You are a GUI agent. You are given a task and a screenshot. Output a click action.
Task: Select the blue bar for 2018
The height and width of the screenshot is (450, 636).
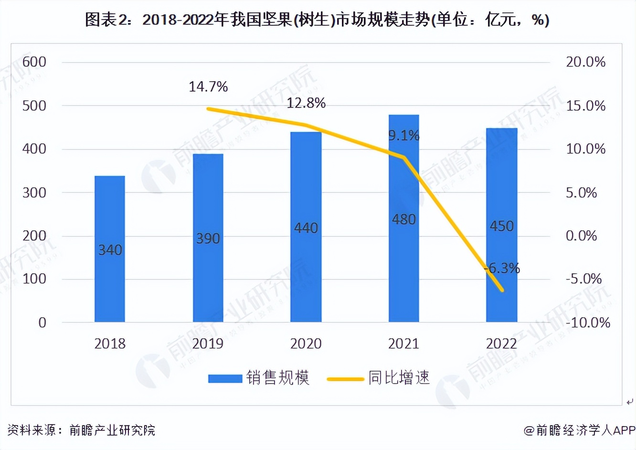pos(110,248)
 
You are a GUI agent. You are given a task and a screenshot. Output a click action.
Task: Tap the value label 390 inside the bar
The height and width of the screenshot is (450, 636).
pos(208,238)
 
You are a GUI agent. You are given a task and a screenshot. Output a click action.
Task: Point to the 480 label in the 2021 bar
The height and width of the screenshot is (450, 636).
pos(404,219)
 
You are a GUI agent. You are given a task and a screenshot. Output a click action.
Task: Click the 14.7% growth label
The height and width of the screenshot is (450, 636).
pos(208,86)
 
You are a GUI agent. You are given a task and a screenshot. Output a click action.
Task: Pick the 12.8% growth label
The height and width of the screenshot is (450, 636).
pos(306,103)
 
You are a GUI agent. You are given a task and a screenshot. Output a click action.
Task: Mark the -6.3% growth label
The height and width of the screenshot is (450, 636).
pos(502,268)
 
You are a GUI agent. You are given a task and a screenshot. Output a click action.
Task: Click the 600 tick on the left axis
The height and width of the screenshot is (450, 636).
pos(34,62)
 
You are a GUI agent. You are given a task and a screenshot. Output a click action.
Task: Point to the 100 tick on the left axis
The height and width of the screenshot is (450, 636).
pos(34,279)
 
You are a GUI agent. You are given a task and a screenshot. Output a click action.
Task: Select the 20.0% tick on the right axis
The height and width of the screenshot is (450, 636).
pos(585,62)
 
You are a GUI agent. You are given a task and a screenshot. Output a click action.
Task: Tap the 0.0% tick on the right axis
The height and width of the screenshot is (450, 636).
pos(581,236)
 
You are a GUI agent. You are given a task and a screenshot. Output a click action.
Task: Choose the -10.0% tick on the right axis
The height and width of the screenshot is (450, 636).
pos(588,322)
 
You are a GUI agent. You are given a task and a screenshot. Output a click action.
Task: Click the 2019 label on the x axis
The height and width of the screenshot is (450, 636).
pos(208,343)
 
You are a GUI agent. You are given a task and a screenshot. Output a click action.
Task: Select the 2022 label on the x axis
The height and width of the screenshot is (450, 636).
pos(501,343)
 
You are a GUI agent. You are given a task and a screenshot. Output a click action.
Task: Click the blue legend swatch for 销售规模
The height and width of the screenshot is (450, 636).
pos(225,378)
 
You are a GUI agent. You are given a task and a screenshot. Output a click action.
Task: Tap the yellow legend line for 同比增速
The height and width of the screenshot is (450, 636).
pos(345,379)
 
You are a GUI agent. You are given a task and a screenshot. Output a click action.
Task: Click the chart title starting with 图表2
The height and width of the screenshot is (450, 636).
pos(317,20)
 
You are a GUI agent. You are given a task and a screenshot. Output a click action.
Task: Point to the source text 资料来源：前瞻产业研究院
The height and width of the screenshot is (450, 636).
pos(81,430)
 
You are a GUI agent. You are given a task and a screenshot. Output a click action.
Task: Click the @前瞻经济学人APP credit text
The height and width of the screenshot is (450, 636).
pos(579,430)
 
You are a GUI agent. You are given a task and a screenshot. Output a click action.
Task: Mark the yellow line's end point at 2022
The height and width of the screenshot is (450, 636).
pos(502,290)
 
